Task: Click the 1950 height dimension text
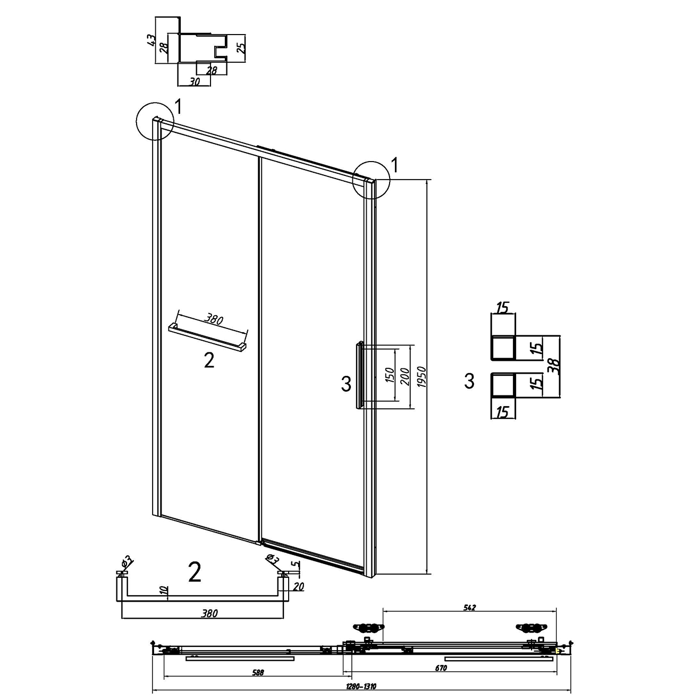tap(421, 377)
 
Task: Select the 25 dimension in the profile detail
tap(241, 45)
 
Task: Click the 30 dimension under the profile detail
tap(195, 82)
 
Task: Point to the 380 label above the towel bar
tap(214, 319)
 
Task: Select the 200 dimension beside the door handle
tap(406, 377)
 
